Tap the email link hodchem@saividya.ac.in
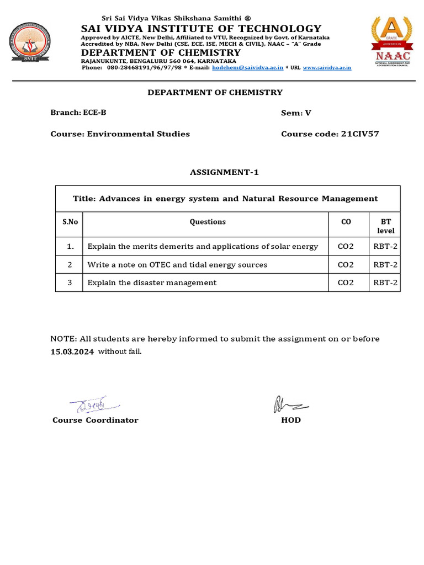point(248,67)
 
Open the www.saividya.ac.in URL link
point(327,67)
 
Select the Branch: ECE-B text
point(78,113)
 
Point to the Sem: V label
point(296,113)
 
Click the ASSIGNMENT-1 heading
point(224,172)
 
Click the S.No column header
point(70,222)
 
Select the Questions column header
point(208,222)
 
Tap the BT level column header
point(385,226)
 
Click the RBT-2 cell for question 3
point(385,283)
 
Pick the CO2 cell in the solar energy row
point(346,247)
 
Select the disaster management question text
point(152,283)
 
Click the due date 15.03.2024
point(72,351)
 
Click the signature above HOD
point(290,406)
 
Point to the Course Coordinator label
point(96,420)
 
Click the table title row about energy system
point(225,199)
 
